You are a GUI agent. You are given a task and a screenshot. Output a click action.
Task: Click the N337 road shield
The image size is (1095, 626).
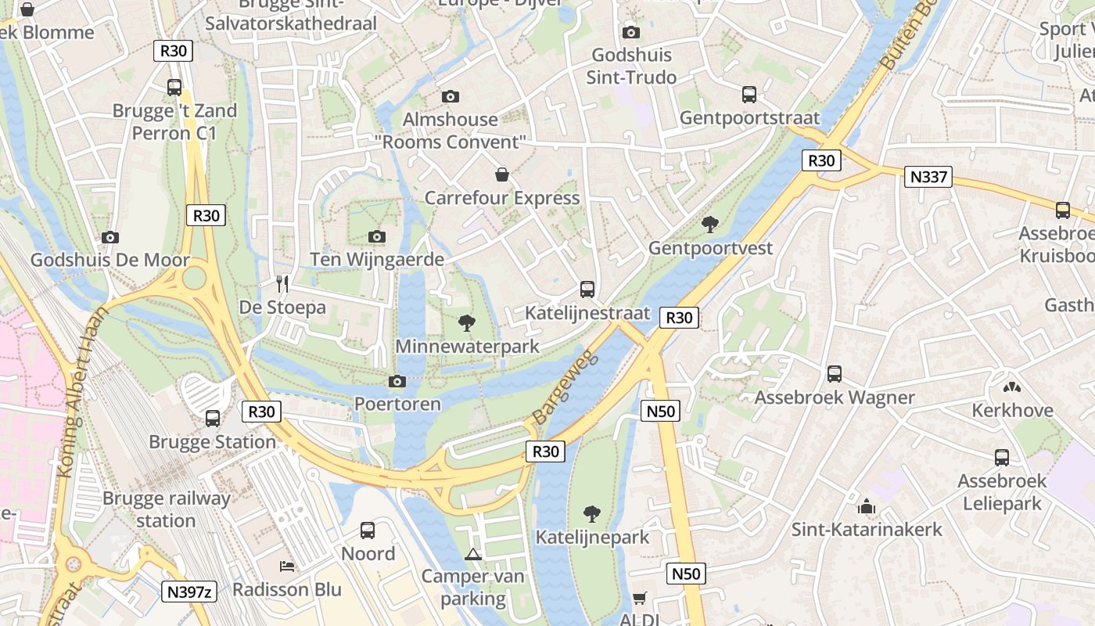[929, 176]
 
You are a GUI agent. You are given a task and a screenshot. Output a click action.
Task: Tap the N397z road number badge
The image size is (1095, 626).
[189, 592]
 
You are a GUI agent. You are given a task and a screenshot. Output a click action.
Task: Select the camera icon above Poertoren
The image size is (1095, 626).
[397, 381]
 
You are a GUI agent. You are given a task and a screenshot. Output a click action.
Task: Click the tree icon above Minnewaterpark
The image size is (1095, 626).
[467, 322]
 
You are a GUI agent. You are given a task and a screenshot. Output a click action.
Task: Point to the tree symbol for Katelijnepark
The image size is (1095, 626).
[592, 513]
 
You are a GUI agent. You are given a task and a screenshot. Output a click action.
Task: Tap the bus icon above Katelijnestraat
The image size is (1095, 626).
[587, 289]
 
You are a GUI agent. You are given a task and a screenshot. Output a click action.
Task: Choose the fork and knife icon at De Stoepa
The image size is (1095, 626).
[282, 283]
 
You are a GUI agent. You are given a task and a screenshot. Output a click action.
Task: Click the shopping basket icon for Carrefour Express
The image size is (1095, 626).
[502, 174]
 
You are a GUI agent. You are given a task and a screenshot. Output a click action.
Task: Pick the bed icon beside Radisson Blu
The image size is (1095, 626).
[287, 566]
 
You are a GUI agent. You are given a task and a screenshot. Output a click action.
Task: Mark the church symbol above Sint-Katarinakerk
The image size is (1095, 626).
[866, 505]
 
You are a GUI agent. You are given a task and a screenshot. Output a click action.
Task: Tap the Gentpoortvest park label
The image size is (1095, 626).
[710, 248]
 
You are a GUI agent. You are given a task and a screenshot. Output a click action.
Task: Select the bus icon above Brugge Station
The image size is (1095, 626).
[213, 418]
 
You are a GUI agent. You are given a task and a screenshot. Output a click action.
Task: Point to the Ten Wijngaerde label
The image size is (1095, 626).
[377, 259]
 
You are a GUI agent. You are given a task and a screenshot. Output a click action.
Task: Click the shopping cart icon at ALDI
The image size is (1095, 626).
[639, 599]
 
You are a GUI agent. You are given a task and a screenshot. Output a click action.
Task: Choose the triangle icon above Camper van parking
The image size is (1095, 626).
[472, 555]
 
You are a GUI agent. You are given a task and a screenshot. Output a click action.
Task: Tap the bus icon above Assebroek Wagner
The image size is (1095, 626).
[835, 373]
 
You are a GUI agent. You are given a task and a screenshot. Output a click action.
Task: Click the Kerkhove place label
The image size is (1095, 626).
[1012, 410]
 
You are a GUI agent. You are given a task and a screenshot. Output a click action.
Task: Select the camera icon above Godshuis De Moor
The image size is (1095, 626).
[110, 237]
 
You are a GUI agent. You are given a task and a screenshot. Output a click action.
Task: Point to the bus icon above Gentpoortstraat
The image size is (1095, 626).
[749, 95]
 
